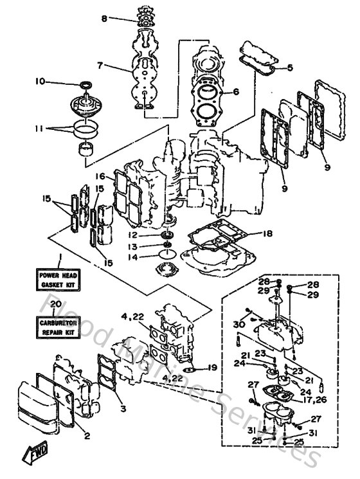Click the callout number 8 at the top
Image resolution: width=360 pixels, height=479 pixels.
tap(104, 19)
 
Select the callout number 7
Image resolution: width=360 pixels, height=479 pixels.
tap(100, 66)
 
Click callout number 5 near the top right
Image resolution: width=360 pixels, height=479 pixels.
tap(290, 68)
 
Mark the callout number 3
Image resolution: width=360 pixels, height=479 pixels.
tap(123, 408)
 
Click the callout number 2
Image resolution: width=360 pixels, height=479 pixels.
tap(87, 435)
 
